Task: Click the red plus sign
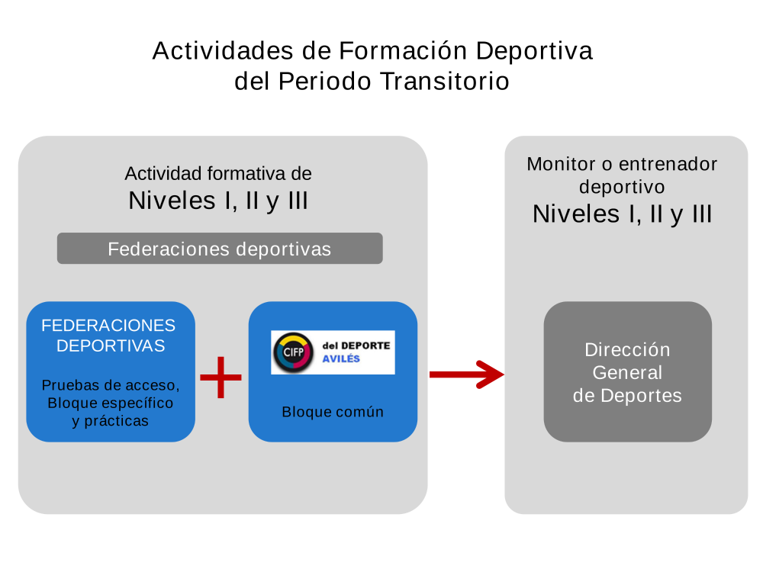221,377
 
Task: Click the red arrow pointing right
467,374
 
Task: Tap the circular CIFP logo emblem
291,352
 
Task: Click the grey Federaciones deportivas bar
220,249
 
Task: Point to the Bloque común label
333,412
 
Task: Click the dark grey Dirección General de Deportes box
627,372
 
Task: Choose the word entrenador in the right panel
668,164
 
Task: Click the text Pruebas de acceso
111,384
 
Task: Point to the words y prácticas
111,421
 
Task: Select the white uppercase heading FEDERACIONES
108,326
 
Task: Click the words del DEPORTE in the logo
356,345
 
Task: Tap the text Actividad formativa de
218,173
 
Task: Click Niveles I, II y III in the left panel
218,201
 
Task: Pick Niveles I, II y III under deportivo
622,214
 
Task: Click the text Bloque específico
111,403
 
